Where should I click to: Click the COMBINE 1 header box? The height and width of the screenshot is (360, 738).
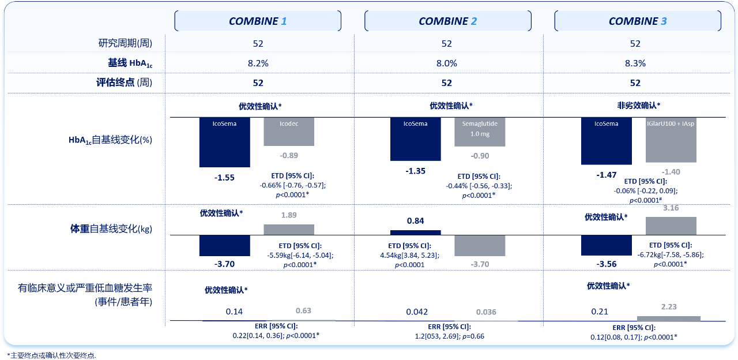tap(258, 21)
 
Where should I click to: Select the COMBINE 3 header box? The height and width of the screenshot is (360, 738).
tap(637, 21)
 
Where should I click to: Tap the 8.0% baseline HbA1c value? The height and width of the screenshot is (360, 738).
tap(446, 63)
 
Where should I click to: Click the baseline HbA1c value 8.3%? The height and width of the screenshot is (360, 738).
tap(635, 63)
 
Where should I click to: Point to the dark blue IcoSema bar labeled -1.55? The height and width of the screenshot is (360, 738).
tap(225, 142)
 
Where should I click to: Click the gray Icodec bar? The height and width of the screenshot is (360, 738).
tap(289, 132)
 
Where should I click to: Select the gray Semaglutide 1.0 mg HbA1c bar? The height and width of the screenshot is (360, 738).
tap(480, 132)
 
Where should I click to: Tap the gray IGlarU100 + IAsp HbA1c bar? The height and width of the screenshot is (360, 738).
tap(671, 140)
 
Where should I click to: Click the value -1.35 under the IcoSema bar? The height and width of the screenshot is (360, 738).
tap(415, 171)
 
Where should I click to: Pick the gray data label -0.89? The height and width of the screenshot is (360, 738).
tap(289, 156)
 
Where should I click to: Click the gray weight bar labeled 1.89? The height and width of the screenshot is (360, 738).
tap(289, 230)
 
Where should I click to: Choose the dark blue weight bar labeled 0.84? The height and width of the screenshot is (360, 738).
tap(415, 232)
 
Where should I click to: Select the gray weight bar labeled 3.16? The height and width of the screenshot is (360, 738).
tap(671, 226)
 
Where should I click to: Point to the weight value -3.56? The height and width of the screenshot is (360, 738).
tap(607, 264)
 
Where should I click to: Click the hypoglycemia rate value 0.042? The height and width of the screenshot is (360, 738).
tap(417, 312)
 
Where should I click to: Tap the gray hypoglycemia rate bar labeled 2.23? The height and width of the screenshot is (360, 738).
tap(668, 318)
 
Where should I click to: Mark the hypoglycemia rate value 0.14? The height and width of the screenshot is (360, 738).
tap(234, 312)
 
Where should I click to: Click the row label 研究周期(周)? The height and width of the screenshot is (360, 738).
tap(125, 43)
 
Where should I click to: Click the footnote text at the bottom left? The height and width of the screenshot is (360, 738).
tap(51, 355)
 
